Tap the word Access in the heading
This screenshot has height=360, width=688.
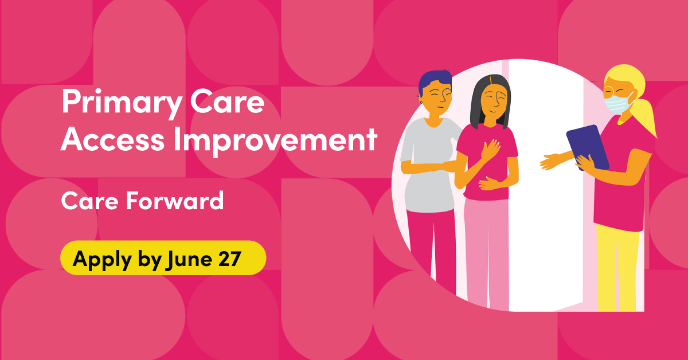tap(112, 139)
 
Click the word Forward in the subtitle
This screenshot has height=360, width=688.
tap(175, 201)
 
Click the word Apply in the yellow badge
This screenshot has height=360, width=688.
tap(102, 260)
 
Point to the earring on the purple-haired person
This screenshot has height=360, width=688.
tap(421, 102)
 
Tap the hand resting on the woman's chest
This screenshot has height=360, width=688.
tap(491, 150)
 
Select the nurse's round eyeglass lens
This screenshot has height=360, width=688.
tap(609, 91)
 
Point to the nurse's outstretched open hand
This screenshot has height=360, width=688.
tap(551, 161)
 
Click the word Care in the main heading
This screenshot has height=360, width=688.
tap(227, 102)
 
